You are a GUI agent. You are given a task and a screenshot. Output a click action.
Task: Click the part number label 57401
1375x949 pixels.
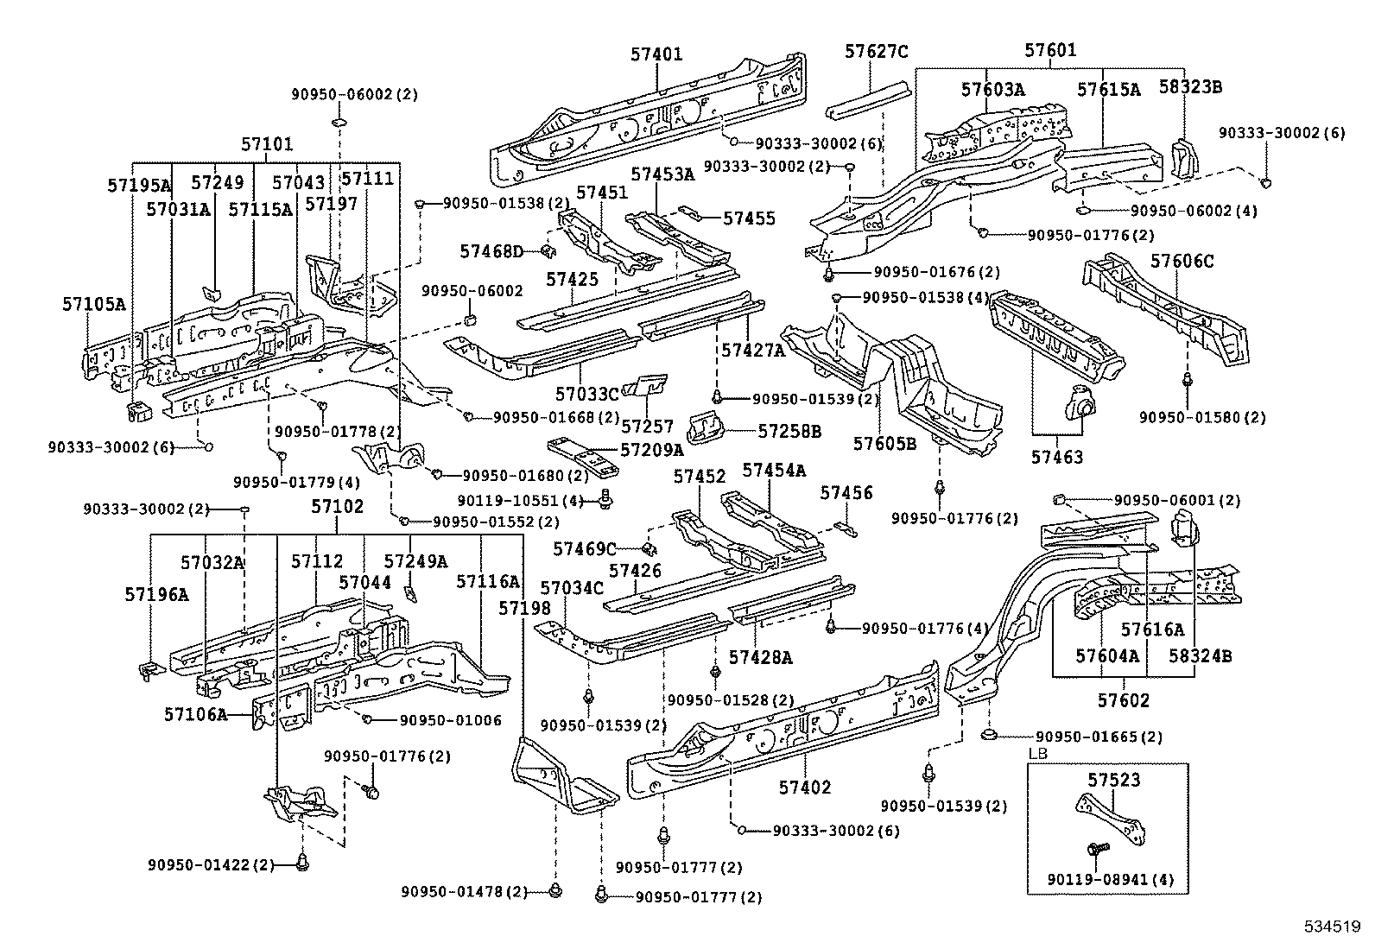(x=656, y=54)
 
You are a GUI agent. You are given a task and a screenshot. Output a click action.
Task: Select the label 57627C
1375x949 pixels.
(x=876, y=52)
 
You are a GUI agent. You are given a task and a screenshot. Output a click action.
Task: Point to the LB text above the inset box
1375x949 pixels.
(x=1036, y=754)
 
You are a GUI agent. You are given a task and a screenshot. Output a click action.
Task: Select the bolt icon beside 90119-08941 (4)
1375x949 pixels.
(x=1097, y=851)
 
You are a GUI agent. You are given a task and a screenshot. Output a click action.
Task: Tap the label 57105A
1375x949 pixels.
(x=93, y=304)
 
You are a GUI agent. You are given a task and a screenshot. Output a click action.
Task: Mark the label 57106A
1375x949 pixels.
(x=195, y=714)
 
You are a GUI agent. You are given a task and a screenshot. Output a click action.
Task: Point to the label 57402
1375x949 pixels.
(x=805, y=787)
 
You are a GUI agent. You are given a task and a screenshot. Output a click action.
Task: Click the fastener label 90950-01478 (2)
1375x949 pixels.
(x=464, y=891)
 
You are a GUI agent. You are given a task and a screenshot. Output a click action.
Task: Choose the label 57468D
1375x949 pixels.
(x=491, y=251)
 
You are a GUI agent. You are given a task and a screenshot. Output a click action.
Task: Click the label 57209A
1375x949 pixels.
(x=651, y=449)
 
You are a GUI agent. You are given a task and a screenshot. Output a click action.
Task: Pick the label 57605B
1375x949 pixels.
(x=884, y=443)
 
